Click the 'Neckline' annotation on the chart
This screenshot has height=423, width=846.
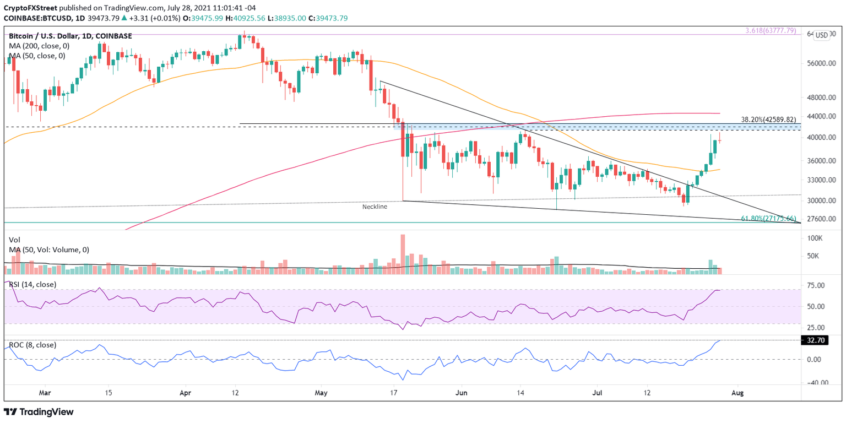[375, 207]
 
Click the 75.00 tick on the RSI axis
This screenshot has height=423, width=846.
[815, 285]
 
